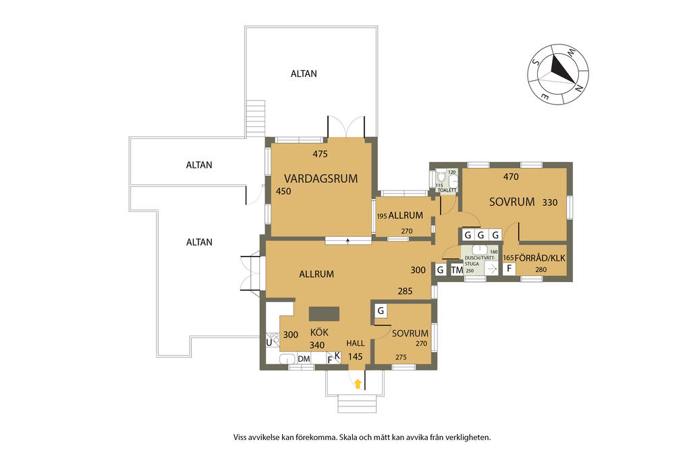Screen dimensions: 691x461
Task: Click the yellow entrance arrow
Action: (x=358, y=384)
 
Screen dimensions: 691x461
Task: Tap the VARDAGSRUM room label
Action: (x=321, y=178)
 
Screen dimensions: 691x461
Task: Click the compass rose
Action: (x=558, y=74)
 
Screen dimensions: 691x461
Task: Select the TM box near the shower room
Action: (x=457, y=270)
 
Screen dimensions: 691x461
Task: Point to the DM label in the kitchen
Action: (x=304, y=359)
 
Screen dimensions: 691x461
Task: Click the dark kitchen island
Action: (x=324, y=314)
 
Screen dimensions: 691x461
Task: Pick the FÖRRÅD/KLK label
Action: (x=540, y=258)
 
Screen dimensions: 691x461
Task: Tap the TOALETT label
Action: (x=447, y=190)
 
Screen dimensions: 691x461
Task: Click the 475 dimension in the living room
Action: (x=320, y=154)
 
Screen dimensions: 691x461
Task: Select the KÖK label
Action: (x=319, y=332)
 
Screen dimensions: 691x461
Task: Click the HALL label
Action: (x=355, y=344)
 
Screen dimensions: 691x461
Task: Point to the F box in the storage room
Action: (x=509, y=268)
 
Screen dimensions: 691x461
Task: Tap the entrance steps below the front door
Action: (x=357, y=403)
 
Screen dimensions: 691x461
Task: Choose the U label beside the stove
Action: (x=269, y=342)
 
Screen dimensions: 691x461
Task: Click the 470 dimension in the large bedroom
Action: (x=511, y=177)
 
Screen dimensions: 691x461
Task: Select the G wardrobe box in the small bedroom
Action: (x=381, y=310)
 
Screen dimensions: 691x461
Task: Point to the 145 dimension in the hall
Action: (x=355, y=356)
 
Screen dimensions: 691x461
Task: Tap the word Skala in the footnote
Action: (x=349, y=437)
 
